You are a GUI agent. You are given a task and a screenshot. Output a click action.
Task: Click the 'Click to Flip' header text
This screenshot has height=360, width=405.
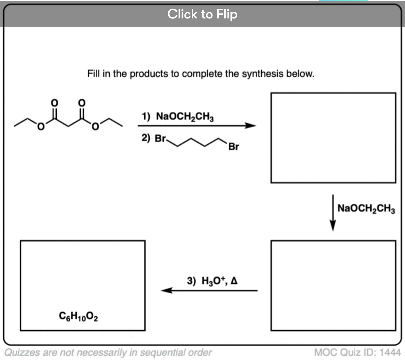click(x=202, y=14)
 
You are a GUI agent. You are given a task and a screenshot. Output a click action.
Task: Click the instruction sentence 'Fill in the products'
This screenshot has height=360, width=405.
click(x=201, y=74)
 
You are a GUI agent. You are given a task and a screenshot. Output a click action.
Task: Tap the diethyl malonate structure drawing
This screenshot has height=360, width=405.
click(x=68, y=118)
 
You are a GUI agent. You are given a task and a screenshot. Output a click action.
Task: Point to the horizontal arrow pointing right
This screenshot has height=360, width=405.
click(x=197, y=126)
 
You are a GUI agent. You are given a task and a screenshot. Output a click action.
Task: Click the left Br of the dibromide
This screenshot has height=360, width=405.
click(x=161, y=139)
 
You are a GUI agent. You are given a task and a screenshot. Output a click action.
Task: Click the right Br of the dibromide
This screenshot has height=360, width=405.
click(x=234, y=147)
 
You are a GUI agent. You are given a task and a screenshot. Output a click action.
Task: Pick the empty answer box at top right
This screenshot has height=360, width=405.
click(x=333, y=137)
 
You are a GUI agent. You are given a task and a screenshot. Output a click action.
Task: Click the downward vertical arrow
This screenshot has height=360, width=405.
click(x=333, y=212)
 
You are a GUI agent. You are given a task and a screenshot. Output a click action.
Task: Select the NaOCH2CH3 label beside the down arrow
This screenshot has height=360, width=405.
click(x=366, y=208)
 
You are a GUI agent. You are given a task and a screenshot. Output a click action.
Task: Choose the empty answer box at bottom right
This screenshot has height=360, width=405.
click(x=333, y=285)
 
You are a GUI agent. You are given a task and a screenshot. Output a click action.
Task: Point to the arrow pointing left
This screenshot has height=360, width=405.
click(x=209, y=290)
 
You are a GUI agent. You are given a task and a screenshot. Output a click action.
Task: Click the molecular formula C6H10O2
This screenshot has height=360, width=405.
click(x=78, y=316)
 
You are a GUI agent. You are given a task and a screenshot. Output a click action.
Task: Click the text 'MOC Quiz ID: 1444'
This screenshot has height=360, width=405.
click(x=358, y=352)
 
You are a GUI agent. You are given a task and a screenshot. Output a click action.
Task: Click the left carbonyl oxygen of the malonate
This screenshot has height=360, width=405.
click(x=54, y=102)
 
